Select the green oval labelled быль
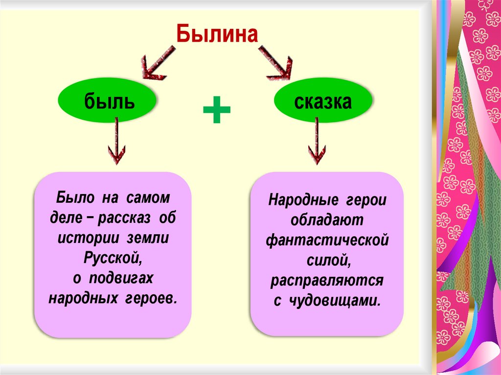pyautogui.click(x=109, y=102)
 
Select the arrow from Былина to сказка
pyautogui.click(x=275, y=63)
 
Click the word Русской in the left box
pyautogui.click(x=112, y=258)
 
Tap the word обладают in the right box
pyautogui.click(x=327, y=221)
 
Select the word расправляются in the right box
pyautogui.click(x=327, y=281)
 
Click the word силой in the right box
pyautogui.click(x=327, y=261)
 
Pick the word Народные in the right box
pyautogui.click(x=302, y=200)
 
